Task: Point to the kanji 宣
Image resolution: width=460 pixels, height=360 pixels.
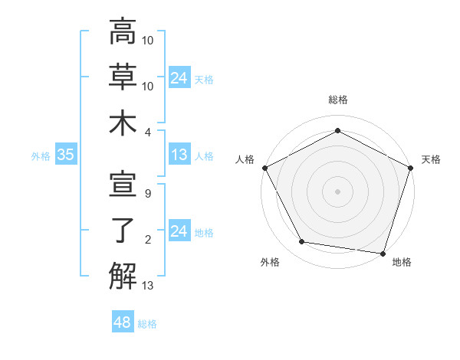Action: point(123,186)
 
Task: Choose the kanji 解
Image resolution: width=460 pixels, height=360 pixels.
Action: point(123,276)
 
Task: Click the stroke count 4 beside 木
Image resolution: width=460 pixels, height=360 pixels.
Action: point(149,131)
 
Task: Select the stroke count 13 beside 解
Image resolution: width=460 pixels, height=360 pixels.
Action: point(149,286)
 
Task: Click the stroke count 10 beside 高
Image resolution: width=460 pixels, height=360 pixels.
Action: point(149,41)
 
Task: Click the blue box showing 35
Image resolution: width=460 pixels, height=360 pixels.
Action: point(66,155)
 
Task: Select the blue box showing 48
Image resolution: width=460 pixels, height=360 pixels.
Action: point(123,322)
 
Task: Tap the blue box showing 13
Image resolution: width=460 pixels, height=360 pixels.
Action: point(179,155)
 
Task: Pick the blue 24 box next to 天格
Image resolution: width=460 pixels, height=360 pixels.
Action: point(179,77)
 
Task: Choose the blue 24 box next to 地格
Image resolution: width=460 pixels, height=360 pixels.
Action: point(179,231)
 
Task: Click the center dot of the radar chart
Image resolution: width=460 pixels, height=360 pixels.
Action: point(337,191)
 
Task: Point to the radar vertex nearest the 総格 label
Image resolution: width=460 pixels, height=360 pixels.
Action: point(337,130)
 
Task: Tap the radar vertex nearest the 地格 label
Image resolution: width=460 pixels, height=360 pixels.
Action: point(383,253)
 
